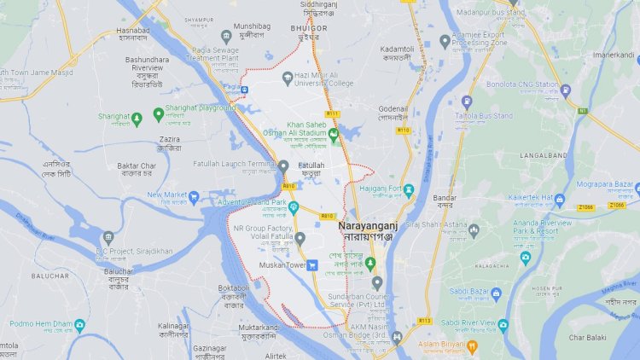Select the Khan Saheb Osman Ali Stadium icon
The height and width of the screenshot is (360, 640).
click(334, 133)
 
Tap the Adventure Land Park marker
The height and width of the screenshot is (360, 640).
click(293, 206)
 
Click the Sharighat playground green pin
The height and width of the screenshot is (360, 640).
click(158, 113)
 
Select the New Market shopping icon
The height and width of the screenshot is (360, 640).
click(194, 198)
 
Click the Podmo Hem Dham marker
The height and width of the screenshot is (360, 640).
click(79, 325)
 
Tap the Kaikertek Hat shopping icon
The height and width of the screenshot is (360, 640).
click(559, 200)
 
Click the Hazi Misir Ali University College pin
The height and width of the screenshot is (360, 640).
click(288, 78)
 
